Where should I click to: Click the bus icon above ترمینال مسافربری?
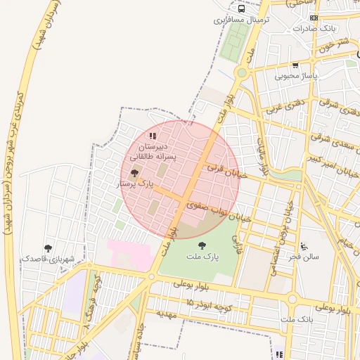(242, 10)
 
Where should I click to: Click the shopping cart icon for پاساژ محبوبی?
(295, 65)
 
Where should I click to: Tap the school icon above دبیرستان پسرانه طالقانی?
(153, 136)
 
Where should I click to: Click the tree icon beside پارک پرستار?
(134, 172)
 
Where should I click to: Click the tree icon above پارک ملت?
(202, 245)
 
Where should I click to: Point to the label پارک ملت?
(202, 257)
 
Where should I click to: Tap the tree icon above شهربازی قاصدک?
(48, 247)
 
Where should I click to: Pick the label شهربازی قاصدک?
(48, 259)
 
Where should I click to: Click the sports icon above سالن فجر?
(303, 246)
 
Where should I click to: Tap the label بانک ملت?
(296, 320)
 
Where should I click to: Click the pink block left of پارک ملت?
(129, 251)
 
